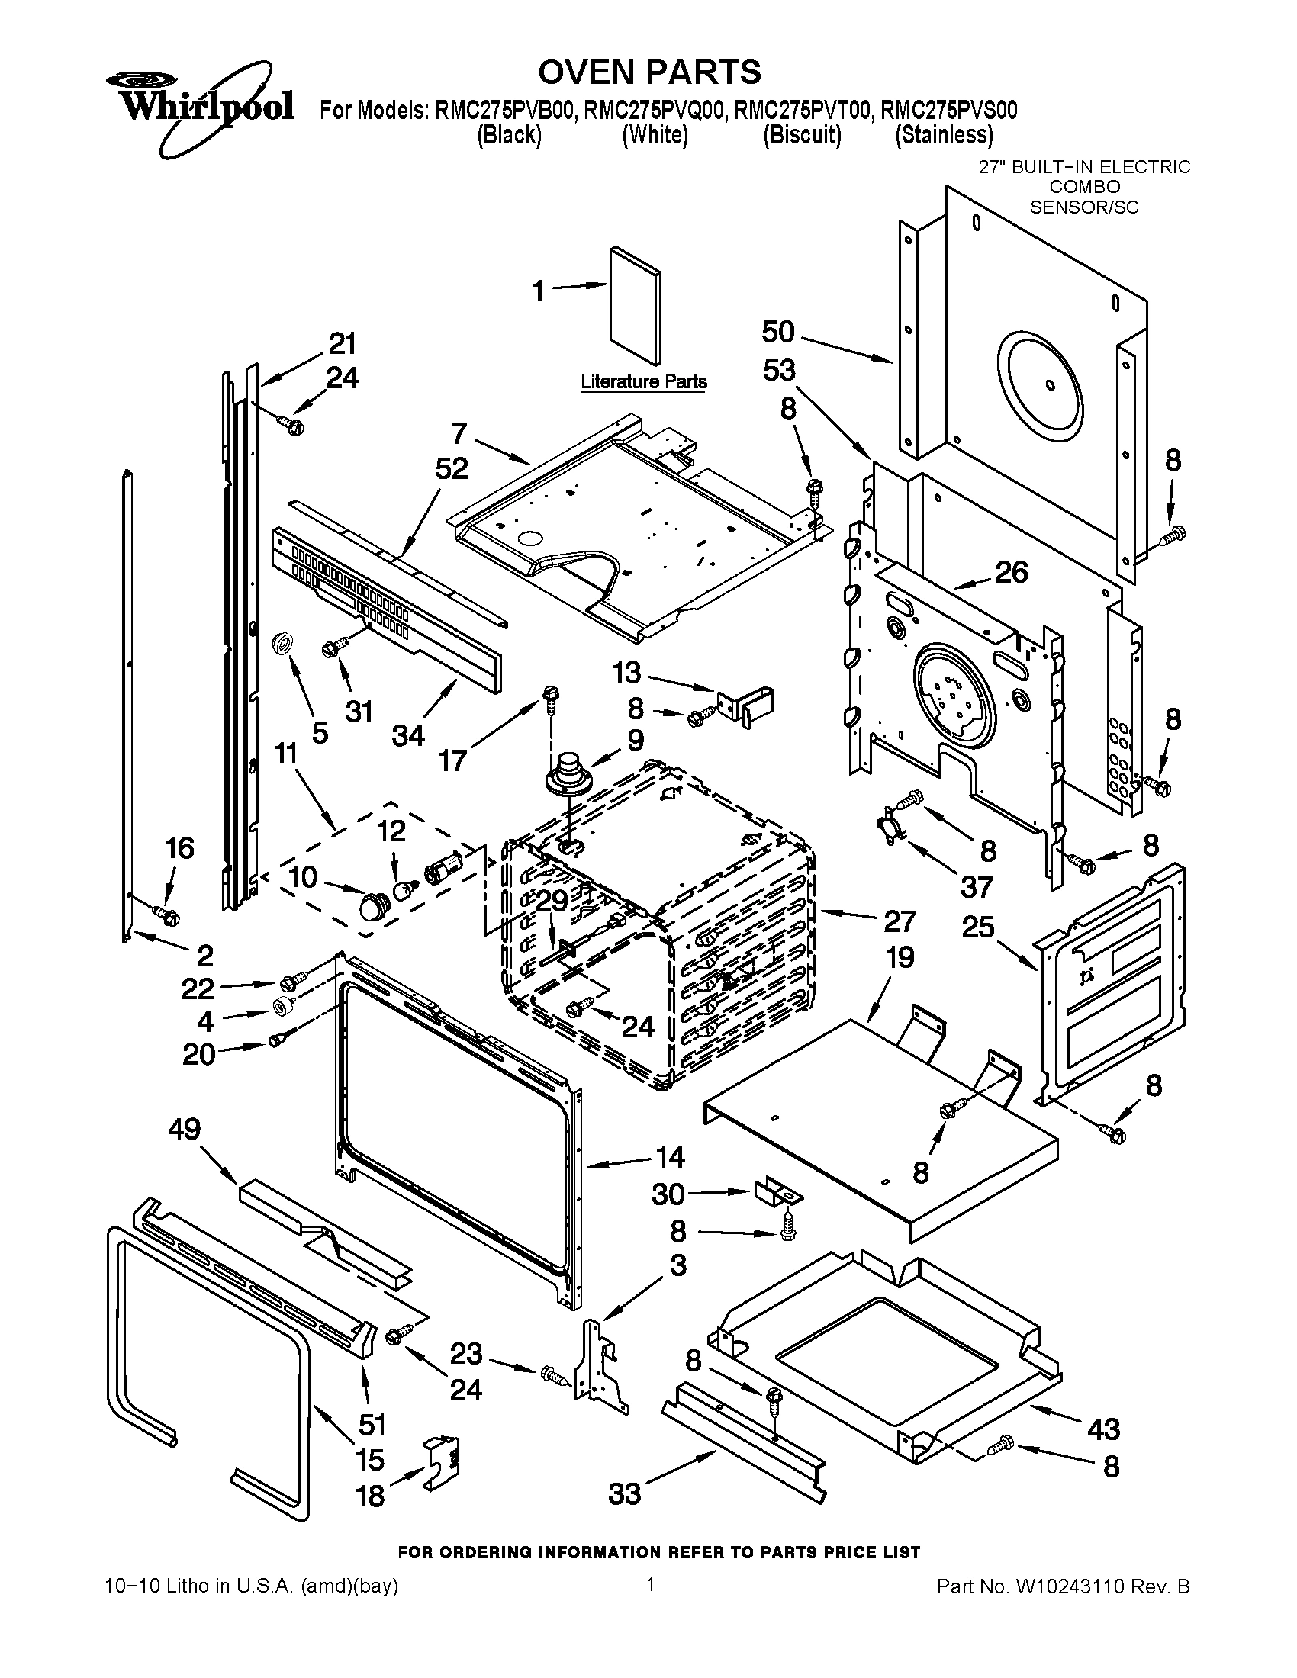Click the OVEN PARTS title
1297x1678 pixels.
coord(648,72)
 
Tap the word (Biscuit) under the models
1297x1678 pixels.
coord(801,135)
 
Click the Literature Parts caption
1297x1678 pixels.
coord(643,381)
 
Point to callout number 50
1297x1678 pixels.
coord(777,332)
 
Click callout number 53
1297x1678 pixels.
coord(778,371)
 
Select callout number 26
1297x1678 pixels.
coord(1011,571)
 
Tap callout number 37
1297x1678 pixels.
coord(977,887)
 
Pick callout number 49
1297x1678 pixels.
coord(185,1129)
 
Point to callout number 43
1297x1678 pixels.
coord(1103,1429)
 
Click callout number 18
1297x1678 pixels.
coord(369,1496)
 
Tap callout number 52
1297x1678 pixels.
coord(451,468)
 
